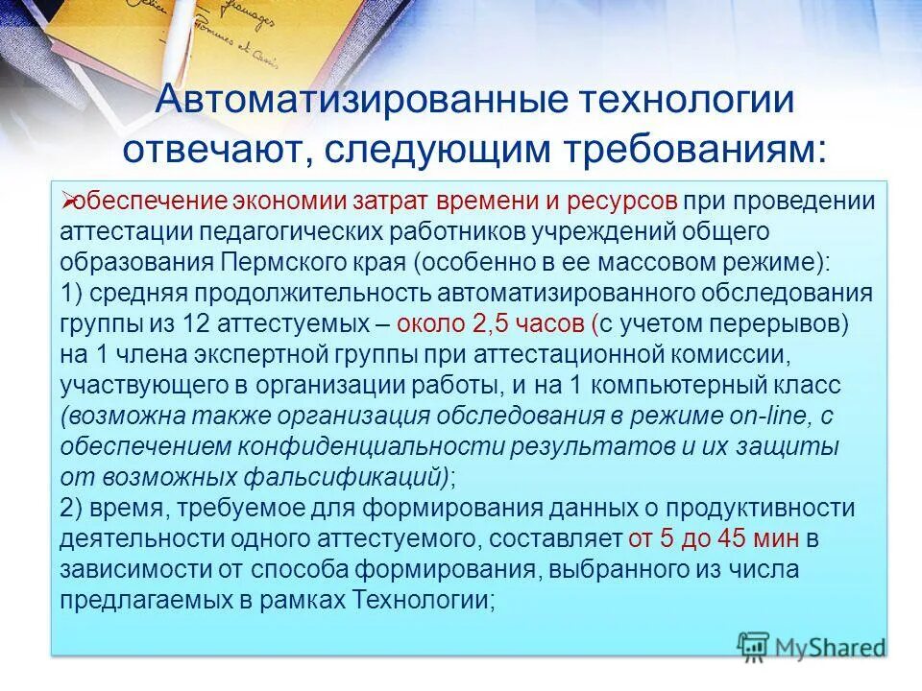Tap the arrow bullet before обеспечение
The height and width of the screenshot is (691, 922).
66,200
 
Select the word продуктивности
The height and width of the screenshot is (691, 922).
759,509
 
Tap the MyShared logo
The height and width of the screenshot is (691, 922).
812,646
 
